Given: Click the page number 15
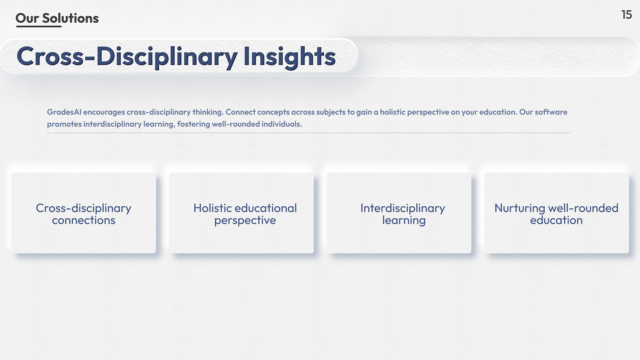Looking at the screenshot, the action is coord(627,15).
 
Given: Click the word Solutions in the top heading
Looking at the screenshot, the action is coord(70,18).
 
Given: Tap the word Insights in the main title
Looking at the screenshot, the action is coord(289,56).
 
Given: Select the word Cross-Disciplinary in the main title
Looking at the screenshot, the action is coord(127,56).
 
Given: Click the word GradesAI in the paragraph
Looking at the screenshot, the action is coord(64,112).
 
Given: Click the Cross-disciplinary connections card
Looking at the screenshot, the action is coord(84,213).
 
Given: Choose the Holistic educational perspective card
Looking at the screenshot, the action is coord(241,213).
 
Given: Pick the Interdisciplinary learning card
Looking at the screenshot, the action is coord(399,213).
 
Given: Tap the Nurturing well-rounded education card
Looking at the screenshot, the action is coord(557,213).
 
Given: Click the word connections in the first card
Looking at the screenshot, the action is coord(84,220).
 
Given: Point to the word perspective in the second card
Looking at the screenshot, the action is coord(245,221).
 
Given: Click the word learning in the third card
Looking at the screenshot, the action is coord(404,221).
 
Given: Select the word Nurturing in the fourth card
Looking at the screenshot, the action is coord(520,209).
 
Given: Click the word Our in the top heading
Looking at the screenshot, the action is coord(27,18).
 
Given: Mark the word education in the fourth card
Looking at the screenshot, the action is coord(556,220).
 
